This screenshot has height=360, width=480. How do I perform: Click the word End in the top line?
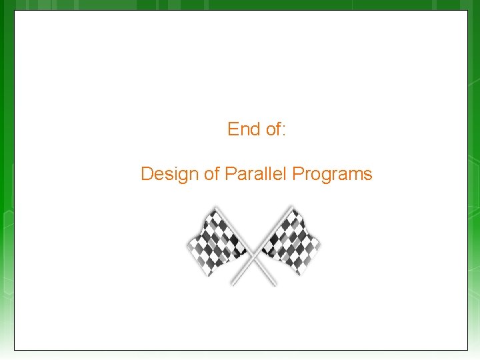click(243, 129)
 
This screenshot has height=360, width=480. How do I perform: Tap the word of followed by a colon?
click(273, 129)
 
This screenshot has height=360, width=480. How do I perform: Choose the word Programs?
click(332, 175)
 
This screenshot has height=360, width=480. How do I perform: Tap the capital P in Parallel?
click(230, 175)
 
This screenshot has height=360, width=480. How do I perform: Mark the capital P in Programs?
click(298, 175)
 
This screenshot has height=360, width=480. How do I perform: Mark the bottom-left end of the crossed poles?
click(232, 285)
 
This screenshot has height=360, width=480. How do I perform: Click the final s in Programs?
click(368, 175)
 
